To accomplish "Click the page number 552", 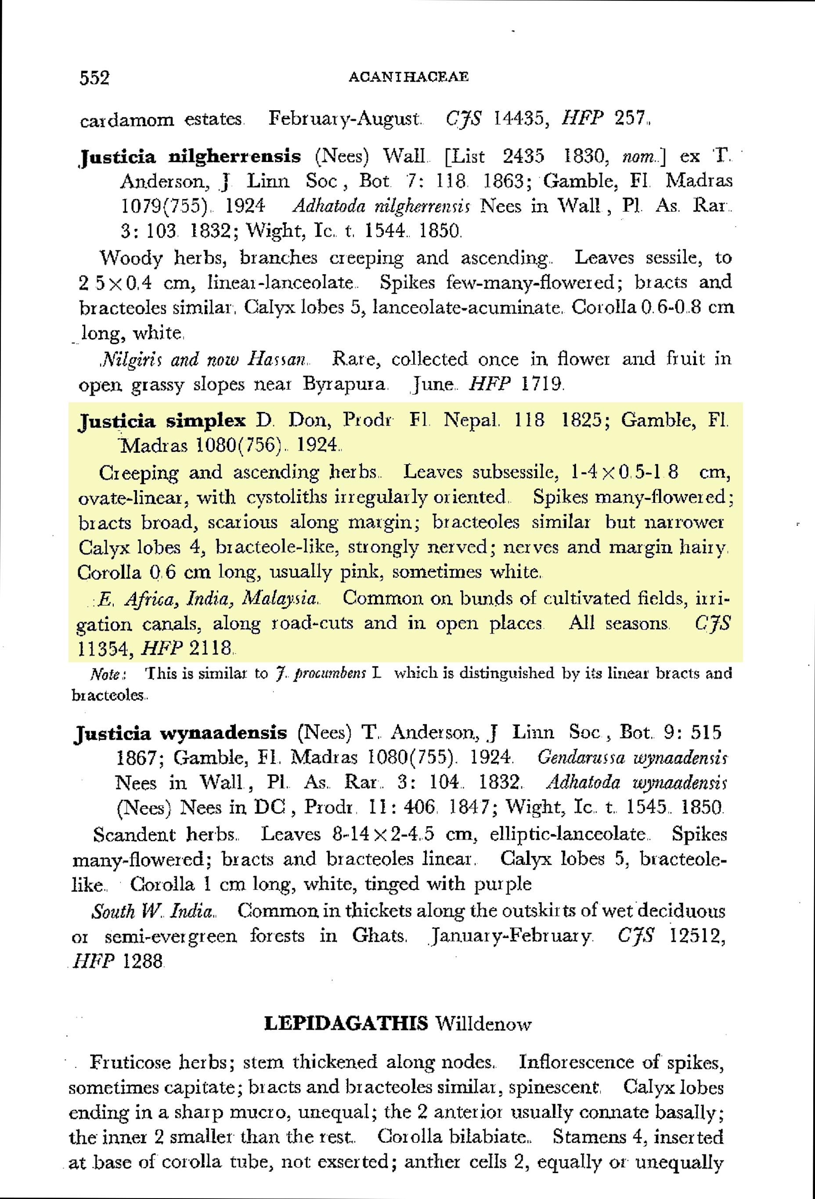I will [x=95, y=78].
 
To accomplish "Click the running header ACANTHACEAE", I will [x=408, y=77].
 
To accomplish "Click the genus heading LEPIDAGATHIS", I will [x=346, y=1023].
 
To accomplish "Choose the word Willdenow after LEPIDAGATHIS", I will [x=483, y=1024].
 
